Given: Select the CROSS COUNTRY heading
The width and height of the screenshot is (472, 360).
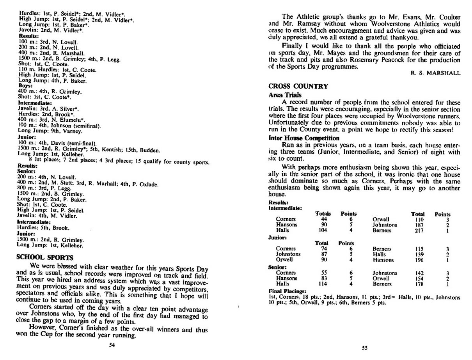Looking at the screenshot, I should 298,86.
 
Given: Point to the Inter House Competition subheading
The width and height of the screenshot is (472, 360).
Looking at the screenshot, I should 304,138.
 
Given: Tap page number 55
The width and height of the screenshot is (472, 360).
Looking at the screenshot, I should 364,348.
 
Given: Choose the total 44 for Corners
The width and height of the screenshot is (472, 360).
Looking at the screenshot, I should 324,219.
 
